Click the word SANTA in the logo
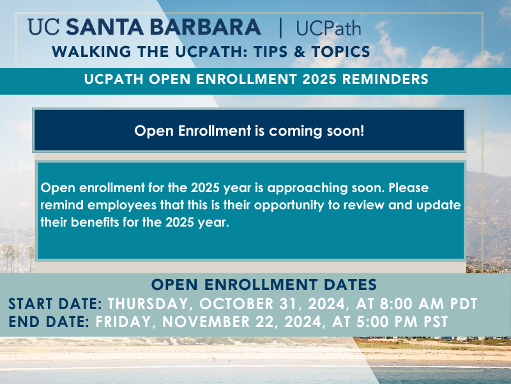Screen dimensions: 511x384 pyautogui.click(x=105, y=27)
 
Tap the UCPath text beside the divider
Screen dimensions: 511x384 pyautogui.click(x=328, y=28)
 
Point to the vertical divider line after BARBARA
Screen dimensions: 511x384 pyautogui.click(x=280, y=28)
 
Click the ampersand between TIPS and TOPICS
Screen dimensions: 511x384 pyautogui.click(x=299, y=52)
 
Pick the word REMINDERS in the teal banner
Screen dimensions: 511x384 pyautogui.click(x=385, y=79)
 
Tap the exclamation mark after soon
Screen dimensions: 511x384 pyautogui.click(x=362, y=131)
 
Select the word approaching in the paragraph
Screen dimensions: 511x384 pyautogui.click(x=307, y=188)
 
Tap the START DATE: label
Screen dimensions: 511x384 pyautogui.click(x=56, y=304)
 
